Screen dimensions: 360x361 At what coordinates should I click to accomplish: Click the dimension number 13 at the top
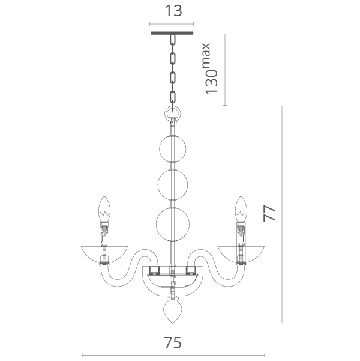[173, 11]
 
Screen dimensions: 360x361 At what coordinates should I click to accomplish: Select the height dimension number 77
[269, 213]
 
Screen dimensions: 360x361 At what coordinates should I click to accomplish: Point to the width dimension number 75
[173, 342]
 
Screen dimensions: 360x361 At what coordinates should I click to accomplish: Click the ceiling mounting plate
[172, 33]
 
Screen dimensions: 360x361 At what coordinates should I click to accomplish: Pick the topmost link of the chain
[173, 40]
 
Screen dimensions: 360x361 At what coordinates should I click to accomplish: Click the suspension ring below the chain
[173, 114]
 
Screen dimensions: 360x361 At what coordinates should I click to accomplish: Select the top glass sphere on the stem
[173, 149]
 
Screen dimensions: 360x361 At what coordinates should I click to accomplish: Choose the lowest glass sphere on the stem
[173, 224]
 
